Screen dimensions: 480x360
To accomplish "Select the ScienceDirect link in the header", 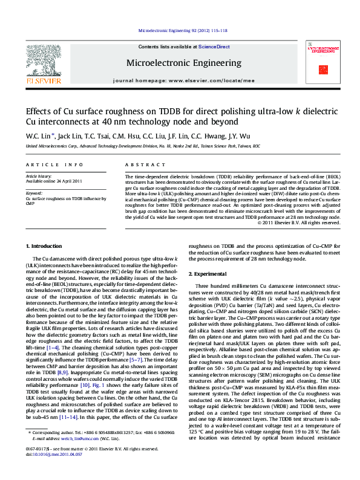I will (x=214, y=47).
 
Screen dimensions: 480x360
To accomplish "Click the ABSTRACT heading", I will (x=137, y=164).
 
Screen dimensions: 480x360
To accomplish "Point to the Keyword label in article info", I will (x=34, y=193).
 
